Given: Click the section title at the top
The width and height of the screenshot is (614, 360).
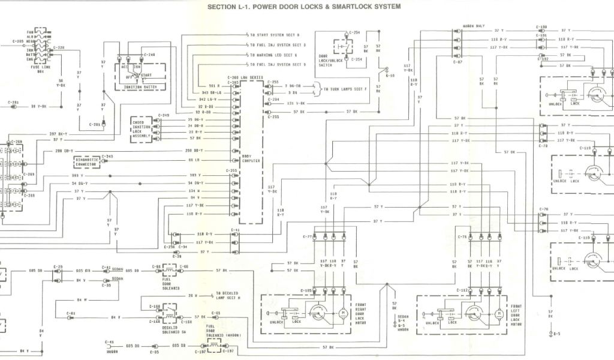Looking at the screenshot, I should pos(304,7).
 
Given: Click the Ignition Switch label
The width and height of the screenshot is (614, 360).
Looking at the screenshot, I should pos(140,87).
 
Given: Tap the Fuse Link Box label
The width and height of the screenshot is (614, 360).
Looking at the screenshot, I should pos(41,69).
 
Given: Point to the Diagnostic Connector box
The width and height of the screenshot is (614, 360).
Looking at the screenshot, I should pos(86,161).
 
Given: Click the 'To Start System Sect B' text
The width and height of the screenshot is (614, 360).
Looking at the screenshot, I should pos(274,35).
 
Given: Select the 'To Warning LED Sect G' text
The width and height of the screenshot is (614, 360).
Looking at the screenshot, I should pos(273,55).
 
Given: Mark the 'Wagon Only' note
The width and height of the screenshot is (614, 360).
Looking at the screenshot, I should pos(474,26).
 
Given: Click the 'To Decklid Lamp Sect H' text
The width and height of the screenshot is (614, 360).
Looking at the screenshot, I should pos(227,296).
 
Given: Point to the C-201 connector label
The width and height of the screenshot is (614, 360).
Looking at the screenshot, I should pos(95,124).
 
